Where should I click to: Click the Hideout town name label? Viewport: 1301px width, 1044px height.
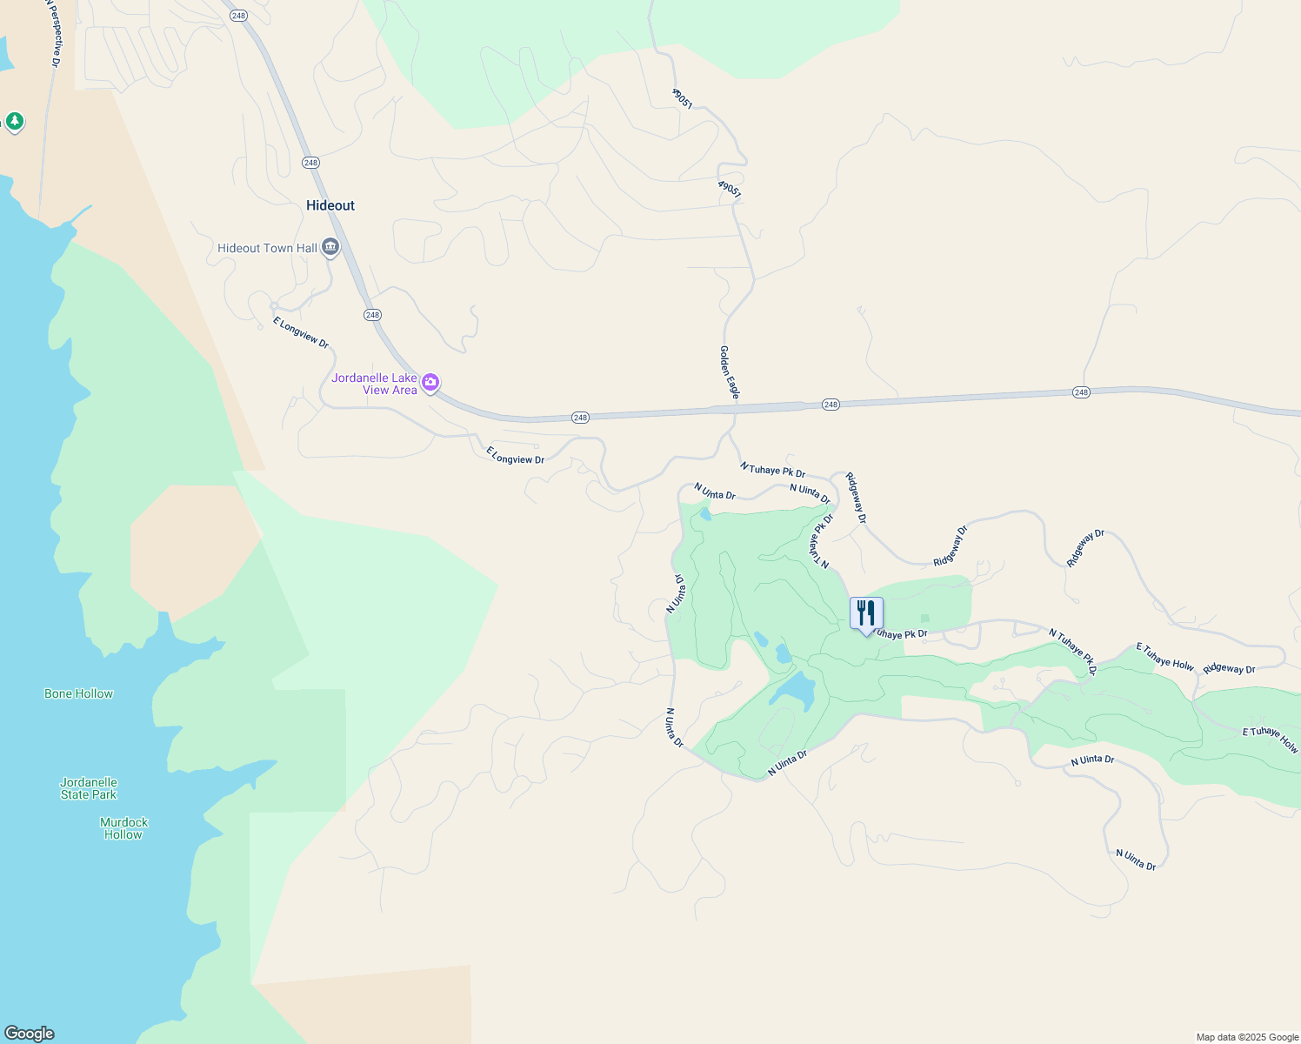tap(330, 205)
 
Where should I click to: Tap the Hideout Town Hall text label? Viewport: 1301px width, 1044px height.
tap(267, 248)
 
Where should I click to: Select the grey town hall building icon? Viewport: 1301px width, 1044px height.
tap(330, 248)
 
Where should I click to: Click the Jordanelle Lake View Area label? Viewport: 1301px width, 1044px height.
tap(375, 384)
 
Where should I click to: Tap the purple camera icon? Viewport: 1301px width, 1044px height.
tap(430, 382)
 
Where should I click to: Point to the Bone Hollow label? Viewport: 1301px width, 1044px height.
tap(78, 693)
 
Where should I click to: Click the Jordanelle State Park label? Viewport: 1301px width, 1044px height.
tap(89, 788)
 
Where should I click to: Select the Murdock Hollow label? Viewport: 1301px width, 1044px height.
tap(123, 828)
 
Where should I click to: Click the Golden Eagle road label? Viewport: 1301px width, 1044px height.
tap(729, 372)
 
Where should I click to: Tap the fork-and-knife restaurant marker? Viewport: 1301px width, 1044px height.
tap(865, 613)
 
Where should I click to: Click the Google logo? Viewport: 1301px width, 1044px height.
tap(29, 1034)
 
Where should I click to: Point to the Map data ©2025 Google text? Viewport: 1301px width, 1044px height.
tap(1247, 1037)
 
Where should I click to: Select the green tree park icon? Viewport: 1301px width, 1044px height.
tap(14, 121)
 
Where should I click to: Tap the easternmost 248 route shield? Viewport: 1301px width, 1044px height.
tap(1081, 392)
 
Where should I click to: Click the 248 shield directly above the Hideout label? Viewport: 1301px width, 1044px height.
tap(310, 163)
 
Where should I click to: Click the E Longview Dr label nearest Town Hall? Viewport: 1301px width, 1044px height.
tap(301, 332)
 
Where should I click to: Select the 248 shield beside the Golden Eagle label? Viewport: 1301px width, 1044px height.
tap(831, 405)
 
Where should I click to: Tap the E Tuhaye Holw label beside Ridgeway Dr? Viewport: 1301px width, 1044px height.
tap(1165, 657)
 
